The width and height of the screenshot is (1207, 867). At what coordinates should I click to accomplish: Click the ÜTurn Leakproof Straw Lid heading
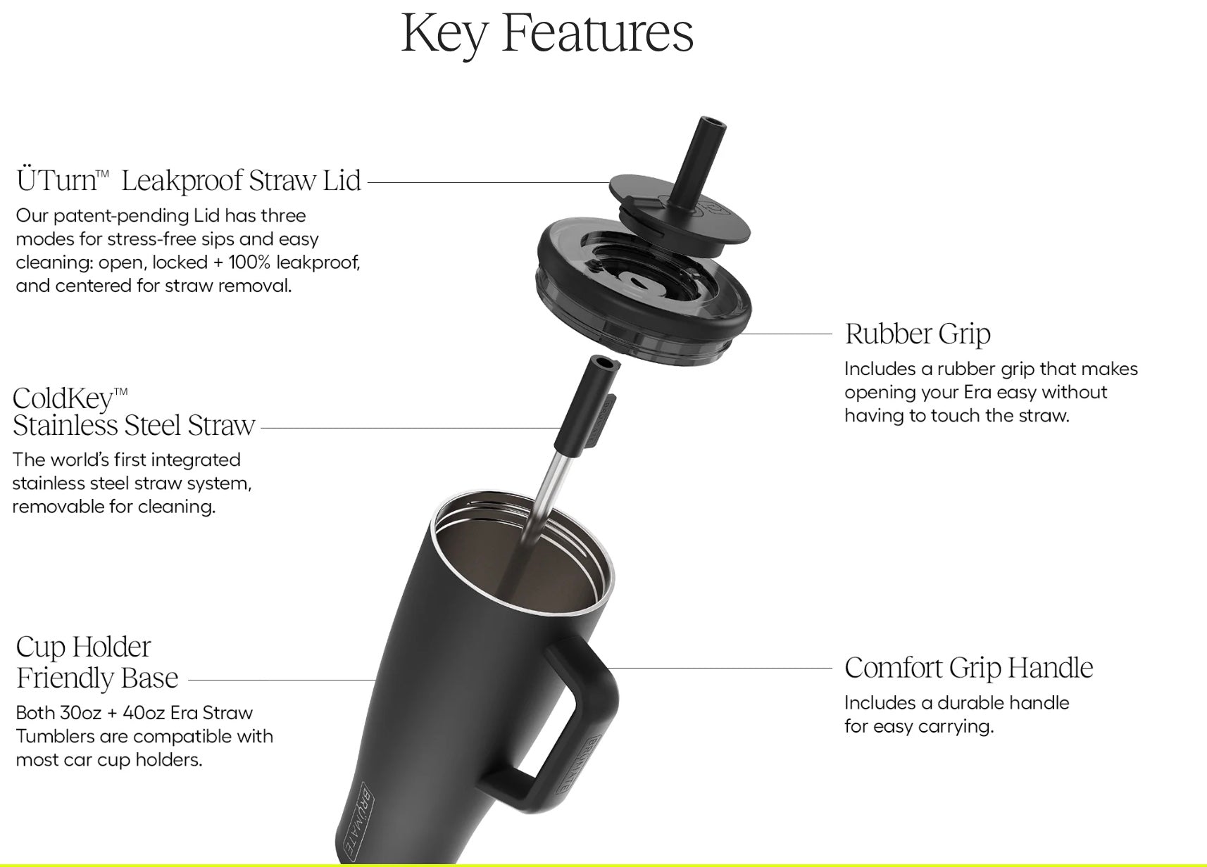pos(189,180)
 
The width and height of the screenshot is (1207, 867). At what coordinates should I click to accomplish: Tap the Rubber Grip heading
pos(918,334)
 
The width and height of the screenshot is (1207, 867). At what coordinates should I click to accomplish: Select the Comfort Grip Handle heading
pos(969,668)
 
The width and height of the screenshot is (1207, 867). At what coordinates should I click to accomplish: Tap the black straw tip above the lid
pos(699,162)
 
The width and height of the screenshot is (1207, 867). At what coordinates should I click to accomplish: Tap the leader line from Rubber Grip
pos(785,334)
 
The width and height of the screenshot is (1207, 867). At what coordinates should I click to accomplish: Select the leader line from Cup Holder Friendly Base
pos(282,680)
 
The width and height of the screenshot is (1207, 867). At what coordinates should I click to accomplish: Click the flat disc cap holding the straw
pos(680,215)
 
